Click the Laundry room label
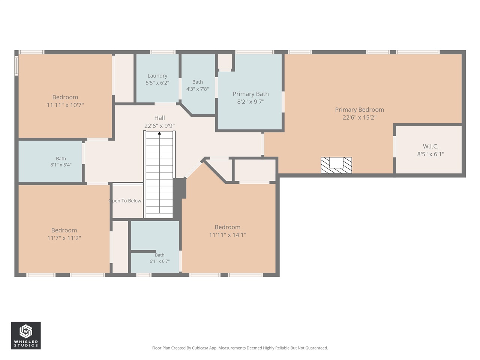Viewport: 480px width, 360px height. [157, 76]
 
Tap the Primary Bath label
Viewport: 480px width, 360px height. [250, 94]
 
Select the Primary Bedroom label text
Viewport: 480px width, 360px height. [360, 109]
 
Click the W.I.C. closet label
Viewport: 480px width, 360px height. [430, 146]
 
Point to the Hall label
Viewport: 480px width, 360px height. [159, 118]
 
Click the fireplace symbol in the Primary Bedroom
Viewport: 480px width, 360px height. [336, 165]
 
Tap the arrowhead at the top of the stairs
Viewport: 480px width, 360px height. [159, 133]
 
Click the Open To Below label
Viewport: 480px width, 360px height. [125, 201]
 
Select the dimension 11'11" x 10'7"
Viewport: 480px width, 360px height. [65, 105]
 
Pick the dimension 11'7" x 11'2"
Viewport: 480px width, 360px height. [64, 238]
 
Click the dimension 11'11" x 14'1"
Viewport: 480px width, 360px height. [227, 235]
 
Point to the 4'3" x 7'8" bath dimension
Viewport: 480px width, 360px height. [198, 89]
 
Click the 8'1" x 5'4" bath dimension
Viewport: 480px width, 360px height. [61, 165]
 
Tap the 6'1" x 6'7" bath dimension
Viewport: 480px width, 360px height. [160, 261]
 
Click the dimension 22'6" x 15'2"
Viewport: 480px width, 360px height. [360, 118]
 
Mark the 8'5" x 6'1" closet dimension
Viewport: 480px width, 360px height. [430, 154]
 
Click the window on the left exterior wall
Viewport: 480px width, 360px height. [16, 66]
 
